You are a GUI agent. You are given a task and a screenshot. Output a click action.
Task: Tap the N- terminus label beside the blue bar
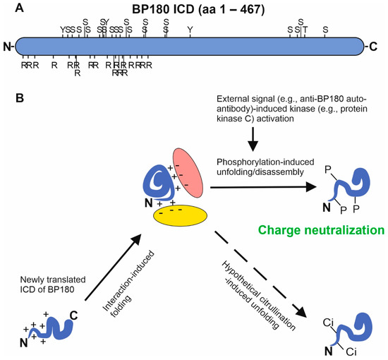[8, 47]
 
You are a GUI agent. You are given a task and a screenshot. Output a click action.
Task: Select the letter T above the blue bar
[305, 29]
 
